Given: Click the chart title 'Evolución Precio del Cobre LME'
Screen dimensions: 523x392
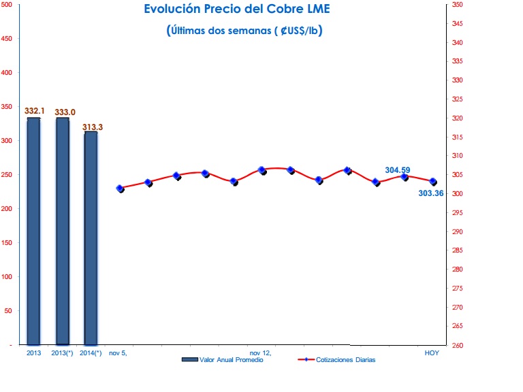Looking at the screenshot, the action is pyautogui.click(x=237, y=9).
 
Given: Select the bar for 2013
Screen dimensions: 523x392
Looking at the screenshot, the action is pyautogui.click(x=33, y=231).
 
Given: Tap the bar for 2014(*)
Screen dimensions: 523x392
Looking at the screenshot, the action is pyautogui.click(x=91, y=238).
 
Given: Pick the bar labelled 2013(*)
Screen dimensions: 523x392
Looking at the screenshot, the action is pyautogui.click(x=63, y=231).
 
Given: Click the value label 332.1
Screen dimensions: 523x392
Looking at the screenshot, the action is pyautogui.click(x=34, y=111).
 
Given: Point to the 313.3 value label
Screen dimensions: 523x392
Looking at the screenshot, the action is pyautogui.click(x=93, y=127).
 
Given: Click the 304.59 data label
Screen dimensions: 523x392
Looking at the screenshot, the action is pyautogui.click(x=398, y=170).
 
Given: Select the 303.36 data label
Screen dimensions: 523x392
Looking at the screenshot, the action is pyautogui.click(x=431, y=193).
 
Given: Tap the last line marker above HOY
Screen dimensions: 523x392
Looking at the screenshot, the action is pyautogui.click(x=433, y=182).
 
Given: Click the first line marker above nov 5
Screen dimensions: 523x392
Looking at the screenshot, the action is pyautogui.click(x=120, y=189).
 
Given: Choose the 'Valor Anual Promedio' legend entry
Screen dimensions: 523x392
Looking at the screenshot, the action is pyautogui.click(x=223, y=359).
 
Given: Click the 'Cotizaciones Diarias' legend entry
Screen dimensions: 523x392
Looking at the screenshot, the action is pyautogui.click(x=336, y=359).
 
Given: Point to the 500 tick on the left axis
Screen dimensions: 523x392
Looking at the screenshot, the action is pyautogui.click(x=6, y=4).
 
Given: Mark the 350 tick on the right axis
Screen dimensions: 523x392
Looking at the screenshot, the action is pyautogui.click(x=458, y=5).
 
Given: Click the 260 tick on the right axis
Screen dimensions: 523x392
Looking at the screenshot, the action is pyautogui.click(x=458, y=345).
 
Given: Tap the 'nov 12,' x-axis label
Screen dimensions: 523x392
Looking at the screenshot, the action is pyautogui.click(x=261, y=353).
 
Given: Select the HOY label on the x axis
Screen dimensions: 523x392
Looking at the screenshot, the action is pyautogui.click(x=432, y=353).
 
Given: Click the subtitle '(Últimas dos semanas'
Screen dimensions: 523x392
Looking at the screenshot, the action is pyautogui.click(x=219, y=31).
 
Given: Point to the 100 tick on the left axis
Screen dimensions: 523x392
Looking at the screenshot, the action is pyautogui.click(x=6, y=277).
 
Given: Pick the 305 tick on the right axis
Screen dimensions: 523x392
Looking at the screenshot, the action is pyautogui.click(x=458, y=175).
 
